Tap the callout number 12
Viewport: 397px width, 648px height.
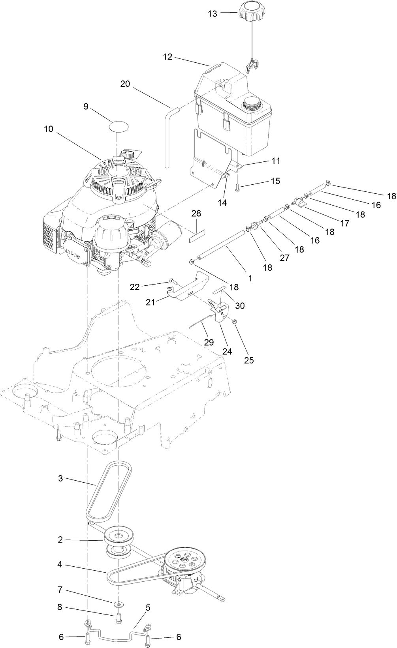(167, 57)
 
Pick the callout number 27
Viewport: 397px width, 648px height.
(284, 258)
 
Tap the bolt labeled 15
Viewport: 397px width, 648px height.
(237, 188)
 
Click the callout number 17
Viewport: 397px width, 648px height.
(344, 223)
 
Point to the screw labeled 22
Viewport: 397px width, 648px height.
(173, 281)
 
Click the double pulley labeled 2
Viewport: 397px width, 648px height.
(119, 541)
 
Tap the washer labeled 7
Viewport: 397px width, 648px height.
(119, 604)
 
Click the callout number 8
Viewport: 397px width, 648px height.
(60, 607)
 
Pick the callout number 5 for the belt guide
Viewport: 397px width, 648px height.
(148, 608)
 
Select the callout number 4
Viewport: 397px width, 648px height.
(60, 565)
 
